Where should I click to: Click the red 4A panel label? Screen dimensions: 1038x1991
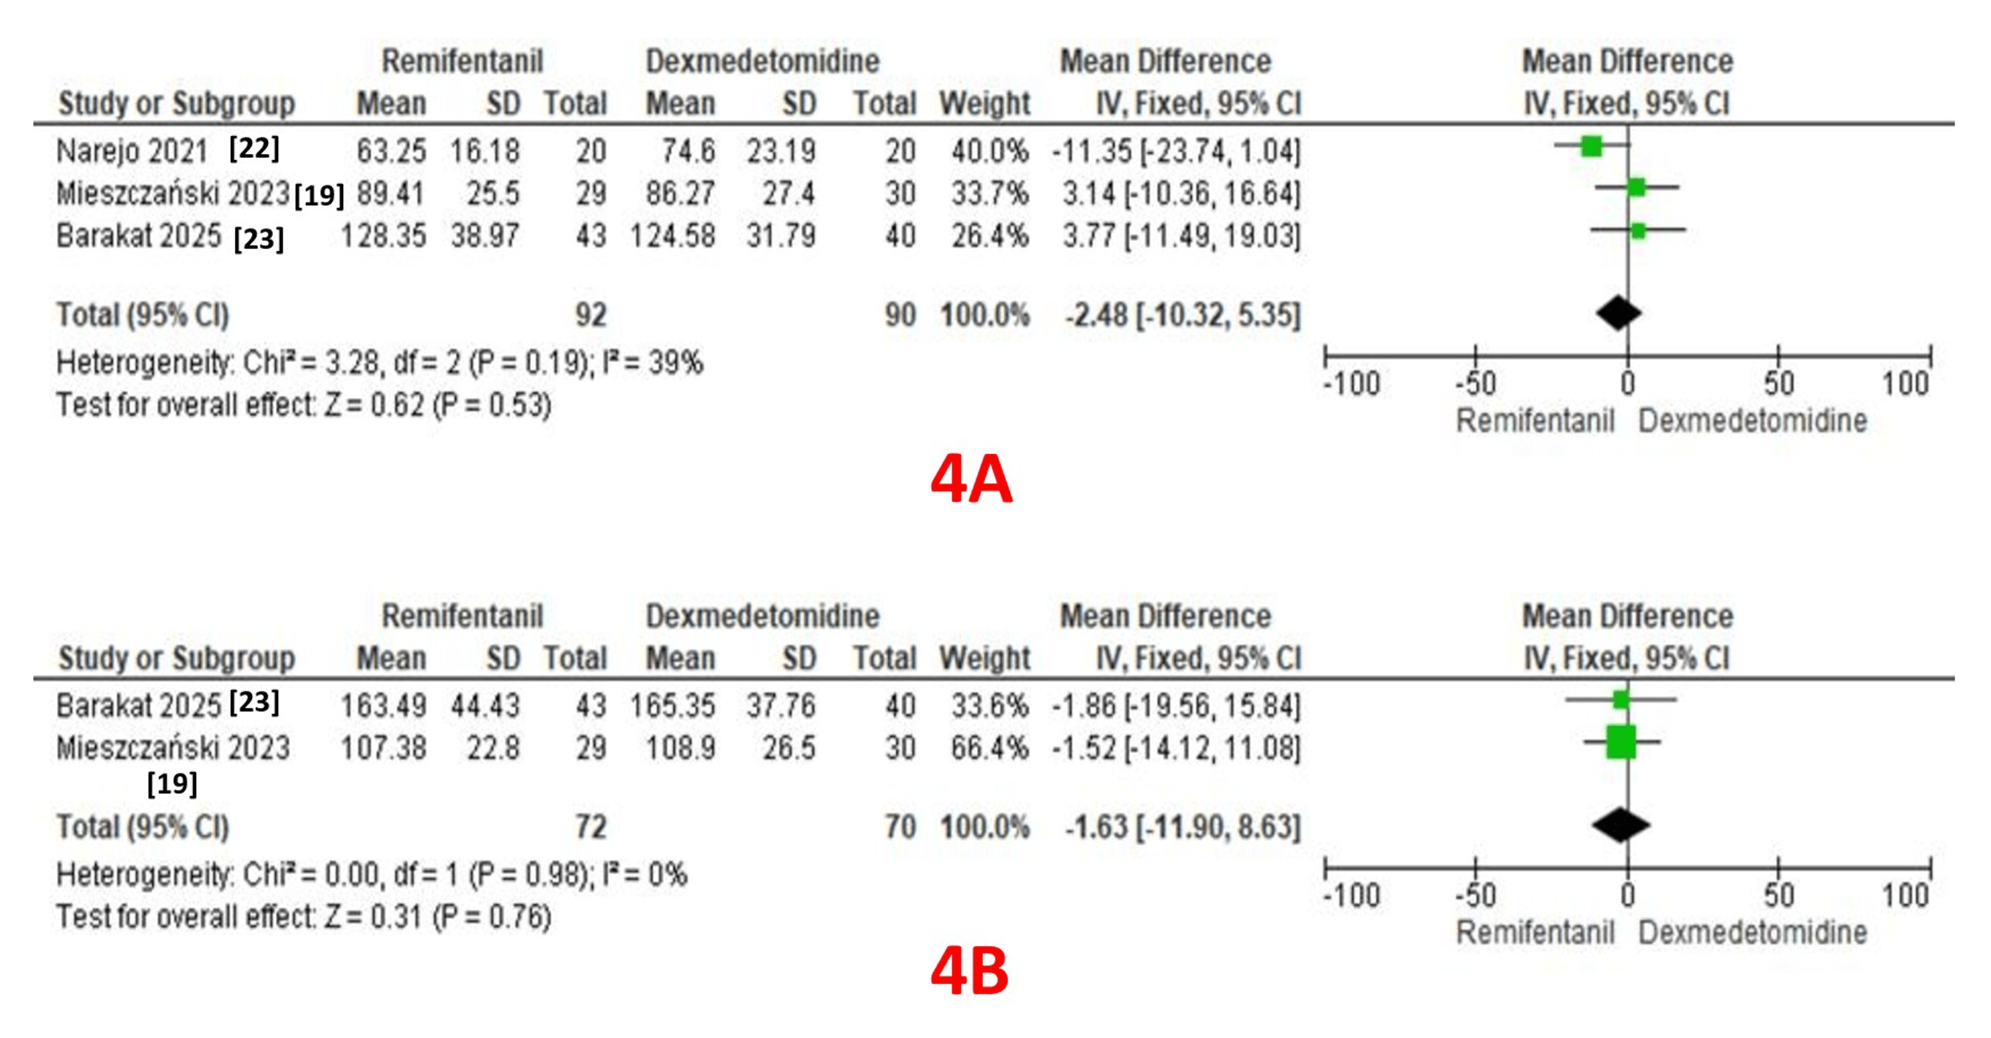[971, 480]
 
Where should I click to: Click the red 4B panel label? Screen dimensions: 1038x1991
[969, 972]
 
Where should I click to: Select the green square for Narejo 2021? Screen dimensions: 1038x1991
[1591, 145]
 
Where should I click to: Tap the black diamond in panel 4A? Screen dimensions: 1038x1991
[1618, 313]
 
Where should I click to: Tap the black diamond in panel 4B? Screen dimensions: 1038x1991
[1621, 825]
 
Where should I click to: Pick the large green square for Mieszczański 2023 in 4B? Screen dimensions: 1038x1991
[1621, 742]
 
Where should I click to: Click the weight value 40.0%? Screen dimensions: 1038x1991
[990, 151]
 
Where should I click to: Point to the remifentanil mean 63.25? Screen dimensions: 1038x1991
[390, 151]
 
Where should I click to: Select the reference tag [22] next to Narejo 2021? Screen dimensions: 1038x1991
[254, 147]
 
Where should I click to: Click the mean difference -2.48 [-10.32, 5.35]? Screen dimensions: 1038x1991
[1182, 315]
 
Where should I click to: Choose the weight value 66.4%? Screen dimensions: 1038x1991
[990, 748]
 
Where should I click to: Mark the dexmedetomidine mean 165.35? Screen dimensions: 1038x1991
[672, 705]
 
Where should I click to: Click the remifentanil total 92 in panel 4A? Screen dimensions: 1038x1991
[591, 315]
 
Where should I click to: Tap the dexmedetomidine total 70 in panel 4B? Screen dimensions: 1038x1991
[900, 827]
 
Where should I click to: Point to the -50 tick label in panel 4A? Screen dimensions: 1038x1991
[1475, 384]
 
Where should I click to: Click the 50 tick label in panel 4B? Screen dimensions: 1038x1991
[1778, 896]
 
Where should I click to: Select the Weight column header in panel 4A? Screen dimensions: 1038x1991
[985, 104]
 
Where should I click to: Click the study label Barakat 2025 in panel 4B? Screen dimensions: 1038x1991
[139, 705]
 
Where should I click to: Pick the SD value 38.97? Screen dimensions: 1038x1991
[484, 236]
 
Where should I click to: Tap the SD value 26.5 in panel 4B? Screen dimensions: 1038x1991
[788, 748]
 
